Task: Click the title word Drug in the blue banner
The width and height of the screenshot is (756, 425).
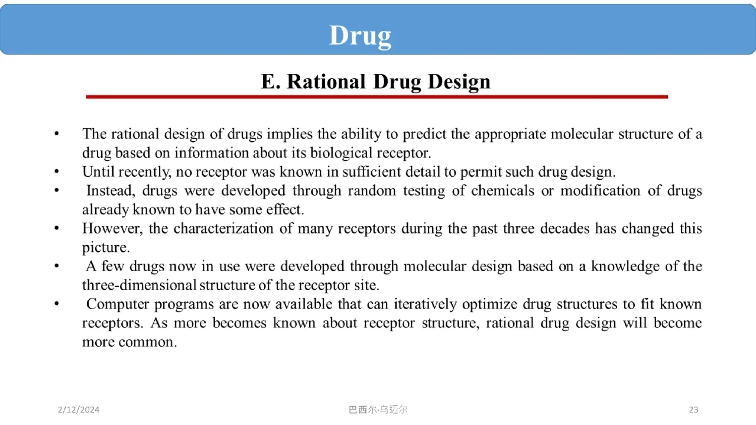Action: pyautogui.click(x=360, y=36)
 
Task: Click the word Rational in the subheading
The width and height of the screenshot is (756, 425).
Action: pyautogui.click(x=326, y=82)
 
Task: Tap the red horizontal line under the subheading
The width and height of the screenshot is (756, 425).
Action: pyautogui.click(x=377, y=97)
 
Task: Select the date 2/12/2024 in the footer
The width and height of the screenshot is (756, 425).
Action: pyautogui.click(x=79, y=410)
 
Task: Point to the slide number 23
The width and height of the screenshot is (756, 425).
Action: pyautogui.click(x=693, y=410)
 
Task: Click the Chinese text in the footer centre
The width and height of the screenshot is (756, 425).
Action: pyautogui.click(x=378, y=410)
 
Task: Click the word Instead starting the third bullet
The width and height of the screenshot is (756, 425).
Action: pyautogui.click(x=110, y=191)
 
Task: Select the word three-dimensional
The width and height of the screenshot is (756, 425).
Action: pyautogui.click(x=139, y=285)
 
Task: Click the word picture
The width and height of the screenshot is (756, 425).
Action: pyautogui.click(x=106, y=248)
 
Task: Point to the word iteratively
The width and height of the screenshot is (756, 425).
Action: pyautogui.click(x=425, y=304)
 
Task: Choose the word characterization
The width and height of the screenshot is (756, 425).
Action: pyautogui.click(x=223, y=228)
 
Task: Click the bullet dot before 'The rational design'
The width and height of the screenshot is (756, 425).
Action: pyautogui.click(x=56, y=134)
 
